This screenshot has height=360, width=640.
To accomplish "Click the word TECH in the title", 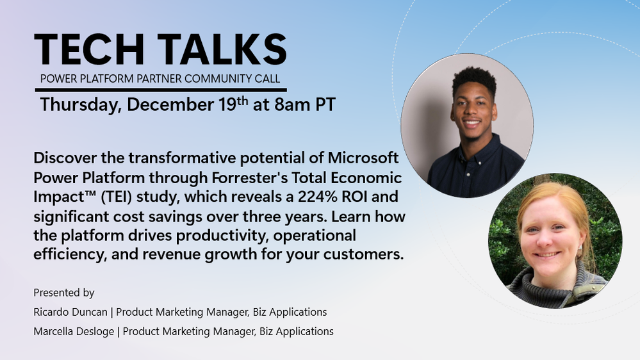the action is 89,49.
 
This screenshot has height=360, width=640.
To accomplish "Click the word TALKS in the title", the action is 222,49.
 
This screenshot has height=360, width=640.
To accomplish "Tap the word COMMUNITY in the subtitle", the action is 218,78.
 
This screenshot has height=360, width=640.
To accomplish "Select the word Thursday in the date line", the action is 81,104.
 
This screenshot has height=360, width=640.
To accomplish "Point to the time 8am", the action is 292,104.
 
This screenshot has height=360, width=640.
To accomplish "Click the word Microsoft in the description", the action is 363,158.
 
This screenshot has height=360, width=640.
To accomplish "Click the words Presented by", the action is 64,293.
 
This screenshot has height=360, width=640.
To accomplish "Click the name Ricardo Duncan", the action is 70,312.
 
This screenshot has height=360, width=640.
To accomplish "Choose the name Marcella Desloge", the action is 74,331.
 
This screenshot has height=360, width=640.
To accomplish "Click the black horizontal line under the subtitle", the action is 161,90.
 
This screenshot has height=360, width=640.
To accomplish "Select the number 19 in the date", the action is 227,104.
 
